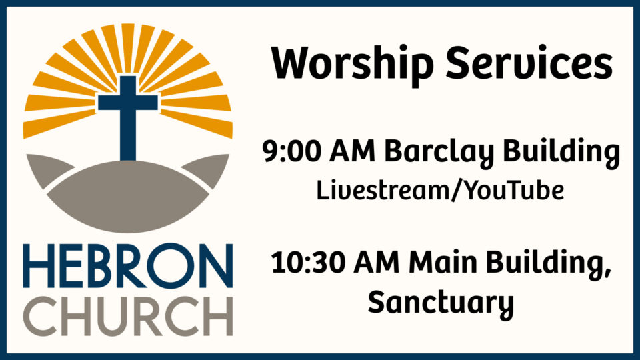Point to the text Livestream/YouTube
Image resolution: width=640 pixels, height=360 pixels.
coord(441,191)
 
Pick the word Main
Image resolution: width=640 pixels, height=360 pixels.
coord(440,263)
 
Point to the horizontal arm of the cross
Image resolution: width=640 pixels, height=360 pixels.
coord(127,103)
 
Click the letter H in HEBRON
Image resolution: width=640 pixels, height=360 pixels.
coord(37,265)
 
